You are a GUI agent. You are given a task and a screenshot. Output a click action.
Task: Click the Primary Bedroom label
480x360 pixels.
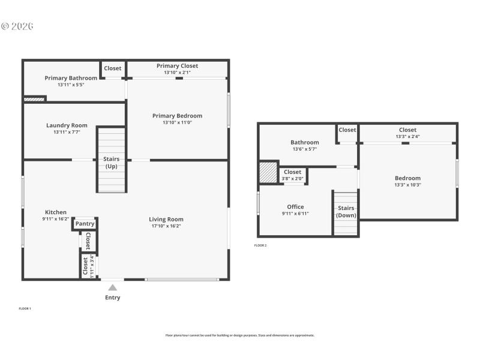(x=177, y=116)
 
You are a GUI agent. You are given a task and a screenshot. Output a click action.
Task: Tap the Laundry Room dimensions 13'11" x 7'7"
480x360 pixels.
(x=67, y=132)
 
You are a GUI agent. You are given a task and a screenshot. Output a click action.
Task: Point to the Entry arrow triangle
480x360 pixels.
(x=112, y=287)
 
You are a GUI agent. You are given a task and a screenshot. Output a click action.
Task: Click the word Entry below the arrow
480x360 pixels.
(x=112, y=298)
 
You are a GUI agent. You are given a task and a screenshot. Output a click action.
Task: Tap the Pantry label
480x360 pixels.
(x=85, y=224)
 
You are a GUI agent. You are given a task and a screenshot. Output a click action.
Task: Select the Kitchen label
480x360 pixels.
(x=56, y=212)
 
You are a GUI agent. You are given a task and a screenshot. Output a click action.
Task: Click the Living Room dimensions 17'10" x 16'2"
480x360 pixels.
(x=166, y=226)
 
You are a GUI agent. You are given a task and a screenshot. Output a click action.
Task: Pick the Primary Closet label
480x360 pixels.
(x=177, y=66)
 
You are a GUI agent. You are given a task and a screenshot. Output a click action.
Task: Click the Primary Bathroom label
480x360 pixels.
(x=71, y=78)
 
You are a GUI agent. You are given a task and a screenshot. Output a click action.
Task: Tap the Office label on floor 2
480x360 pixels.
(x=295, y=207)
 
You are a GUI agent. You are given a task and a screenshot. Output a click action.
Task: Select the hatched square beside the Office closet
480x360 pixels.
(x=268, y=173)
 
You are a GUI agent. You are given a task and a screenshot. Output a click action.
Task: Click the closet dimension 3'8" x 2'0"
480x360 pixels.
(x=293, y=178)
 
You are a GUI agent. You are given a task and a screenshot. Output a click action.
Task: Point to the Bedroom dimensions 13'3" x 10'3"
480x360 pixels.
(x=407, y=185)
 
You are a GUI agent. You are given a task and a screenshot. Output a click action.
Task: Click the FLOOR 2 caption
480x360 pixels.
(x=260, y=245)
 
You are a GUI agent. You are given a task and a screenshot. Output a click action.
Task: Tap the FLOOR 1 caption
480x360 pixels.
(x=25, y=308)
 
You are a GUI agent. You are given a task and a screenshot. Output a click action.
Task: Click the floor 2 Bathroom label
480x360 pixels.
(x=305, y=143)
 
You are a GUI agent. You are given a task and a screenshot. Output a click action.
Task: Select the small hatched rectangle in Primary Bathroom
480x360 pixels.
(x=35, y=99)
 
